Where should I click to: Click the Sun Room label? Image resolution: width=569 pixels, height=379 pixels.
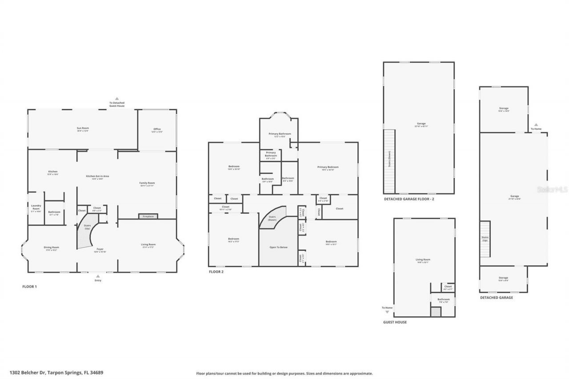[x=83, y=129]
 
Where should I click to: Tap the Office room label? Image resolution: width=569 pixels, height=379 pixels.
[x=157, y=130]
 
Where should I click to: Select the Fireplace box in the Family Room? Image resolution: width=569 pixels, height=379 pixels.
[x=148, y=216]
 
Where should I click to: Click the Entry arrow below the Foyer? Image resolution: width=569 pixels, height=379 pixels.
[x=98, y=276]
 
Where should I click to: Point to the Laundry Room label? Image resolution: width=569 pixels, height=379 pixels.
[x=36, y=207]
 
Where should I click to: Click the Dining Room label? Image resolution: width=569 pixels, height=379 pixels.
[x=51, y=248]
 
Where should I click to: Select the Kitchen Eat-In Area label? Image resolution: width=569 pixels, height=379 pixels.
[x=97, y=177]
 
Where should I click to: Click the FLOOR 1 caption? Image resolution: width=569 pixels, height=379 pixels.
[x=29, y=287]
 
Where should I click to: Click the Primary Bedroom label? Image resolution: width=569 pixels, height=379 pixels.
[x=328, y=168]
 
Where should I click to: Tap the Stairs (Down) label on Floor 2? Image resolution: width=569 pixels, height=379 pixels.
[x=272, y=219]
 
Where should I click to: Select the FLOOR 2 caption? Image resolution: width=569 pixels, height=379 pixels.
[x=216, y=271]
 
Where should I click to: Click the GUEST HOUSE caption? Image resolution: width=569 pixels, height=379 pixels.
[x=395, y=322]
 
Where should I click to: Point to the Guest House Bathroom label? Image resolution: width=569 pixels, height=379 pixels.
[x=443, y=300]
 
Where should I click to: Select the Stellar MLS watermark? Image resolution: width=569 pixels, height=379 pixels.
[x=553, y=189]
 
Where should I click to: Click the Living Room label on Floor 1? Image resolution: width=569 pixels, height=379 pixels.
[x=148, y=245]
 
